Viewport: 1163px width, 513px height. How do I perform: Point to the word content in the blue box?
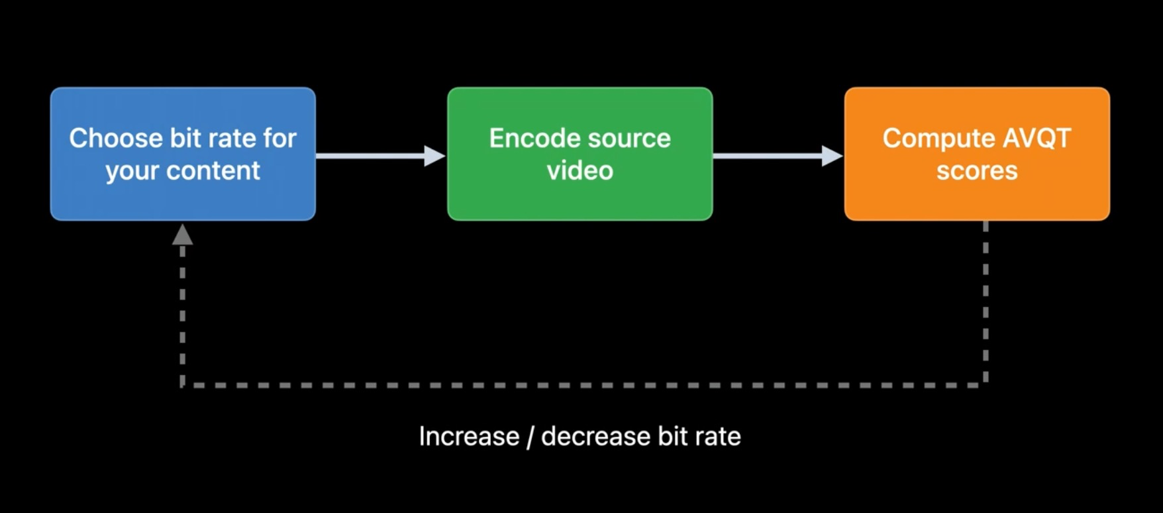213,171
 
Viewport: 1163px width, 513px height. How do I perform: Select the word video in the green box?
580,171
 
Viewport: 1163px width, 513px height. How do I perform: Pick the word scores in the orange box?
977,171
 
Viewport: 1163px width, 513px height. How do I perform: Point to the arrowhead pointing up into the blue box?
182,234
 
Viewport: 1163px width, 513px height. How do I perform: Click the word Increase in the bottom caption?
469,436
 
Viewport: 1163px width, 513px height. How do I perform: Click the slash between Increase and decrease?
530,436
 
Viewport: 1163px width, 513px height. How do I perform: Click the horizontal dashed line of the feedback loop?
583,384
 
